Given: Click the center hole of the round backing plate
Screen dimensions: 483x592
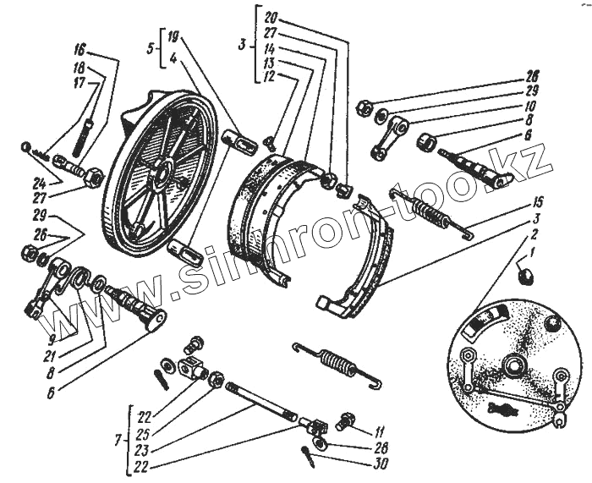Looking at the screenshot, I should point(512,365).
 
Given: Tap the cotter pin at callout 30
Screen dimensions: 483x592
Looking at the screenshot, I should point(310,453).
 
